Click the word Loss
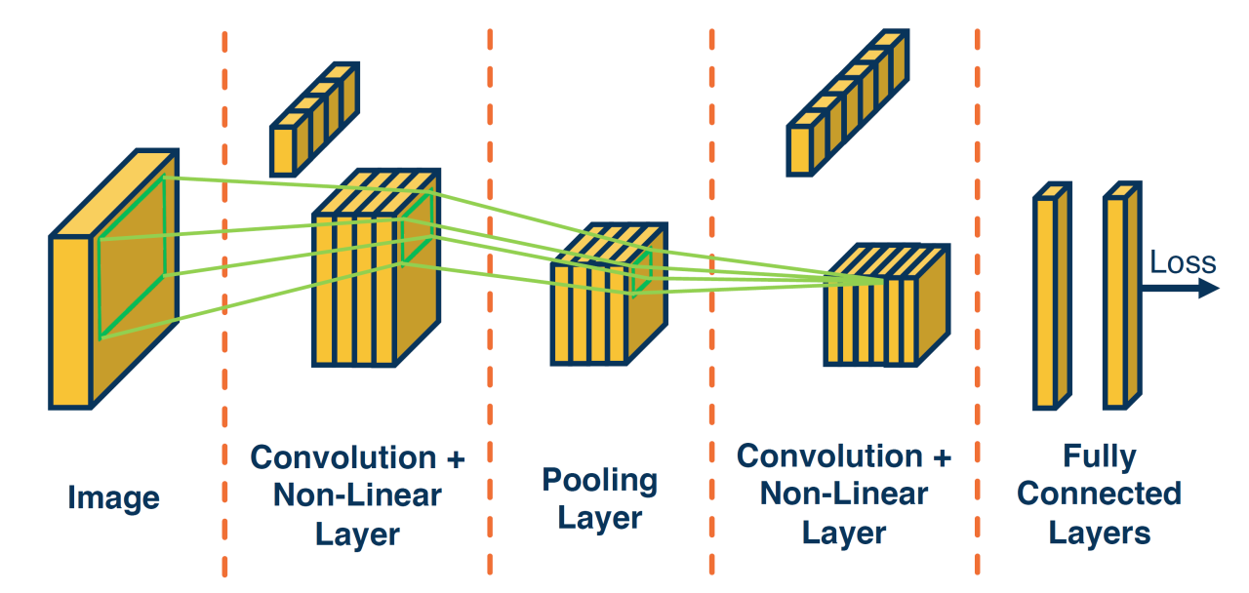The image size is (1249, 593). tap(1183, 262)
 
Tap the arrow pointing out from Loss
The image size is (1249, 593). tap(1181, 288)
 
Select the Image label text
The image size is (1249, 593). tap(113, 498)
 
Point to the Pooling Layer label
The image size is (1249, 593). tap(599, 498)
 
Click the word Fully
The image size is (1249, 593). tap(1100, 456)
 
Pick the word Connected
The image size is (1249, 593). tap(1100, 494)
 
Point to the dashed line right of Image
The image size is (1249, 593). tap(224, 293)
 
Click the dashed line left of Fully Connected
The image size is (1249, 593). tap(978, 293)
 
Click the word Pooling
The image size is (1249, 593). tap(599, 480)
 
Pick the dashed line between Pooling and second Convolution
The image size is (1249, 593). tap(710, 293)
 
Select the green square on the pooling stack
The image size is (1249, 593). tap(641, 273)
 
